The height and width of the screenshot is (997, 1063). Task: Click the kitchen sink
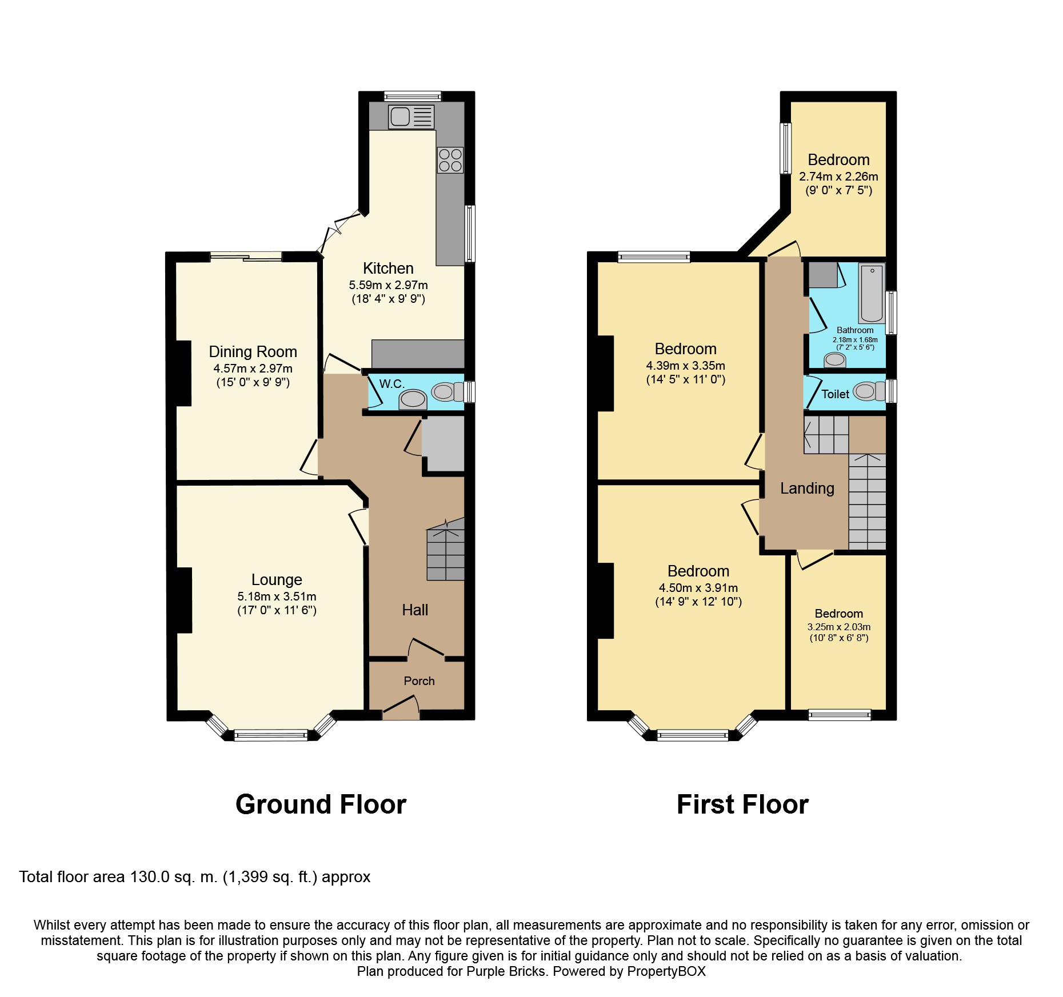click(x=411, y=117)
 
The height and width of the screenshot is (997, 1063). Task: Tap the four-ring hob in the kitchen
click(x=450, y=160)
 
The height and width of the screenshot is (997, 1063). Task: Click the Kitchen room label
click(x=388, y=269)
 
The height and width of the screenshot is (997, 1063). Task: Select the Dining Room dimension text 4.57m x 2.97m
click(x=253, y=369)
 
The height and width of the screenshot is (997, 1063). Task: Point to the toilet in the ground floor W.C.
click(x=447, y=392)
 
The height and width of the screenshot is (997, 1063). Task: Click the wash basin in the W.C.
click(x=412, y=399)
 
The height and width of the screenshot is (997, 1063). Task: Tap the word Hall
click(x=415, y=610)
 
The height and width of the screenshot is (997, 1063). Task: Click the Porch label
click(x=419, y=681)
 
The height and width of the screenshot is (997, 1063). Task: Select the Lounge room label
click(x=277, y=580)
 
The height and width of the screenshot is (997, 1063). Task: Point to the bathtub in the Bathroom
click(x=872, y=293)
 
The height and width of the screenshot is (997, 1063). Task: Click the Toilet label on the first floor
click(x=835, y=394)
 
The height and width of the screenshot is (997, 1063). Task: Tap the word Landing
click(x=807, y=489)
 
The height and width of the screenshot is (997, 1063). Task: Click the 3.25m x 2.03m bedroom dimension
click(x=838, y=627)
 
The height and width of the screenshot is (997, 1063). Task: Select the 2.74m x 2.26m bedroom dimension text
click(x=838, y=177)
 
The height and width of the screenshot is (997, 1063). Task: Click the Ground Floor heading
click(x=321, y=804)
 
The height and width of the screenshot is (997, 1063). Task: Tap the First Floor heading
click(x=742, y=804)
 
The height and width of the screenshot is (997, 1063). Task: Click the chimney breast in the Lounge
click(x=184, y=600)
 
